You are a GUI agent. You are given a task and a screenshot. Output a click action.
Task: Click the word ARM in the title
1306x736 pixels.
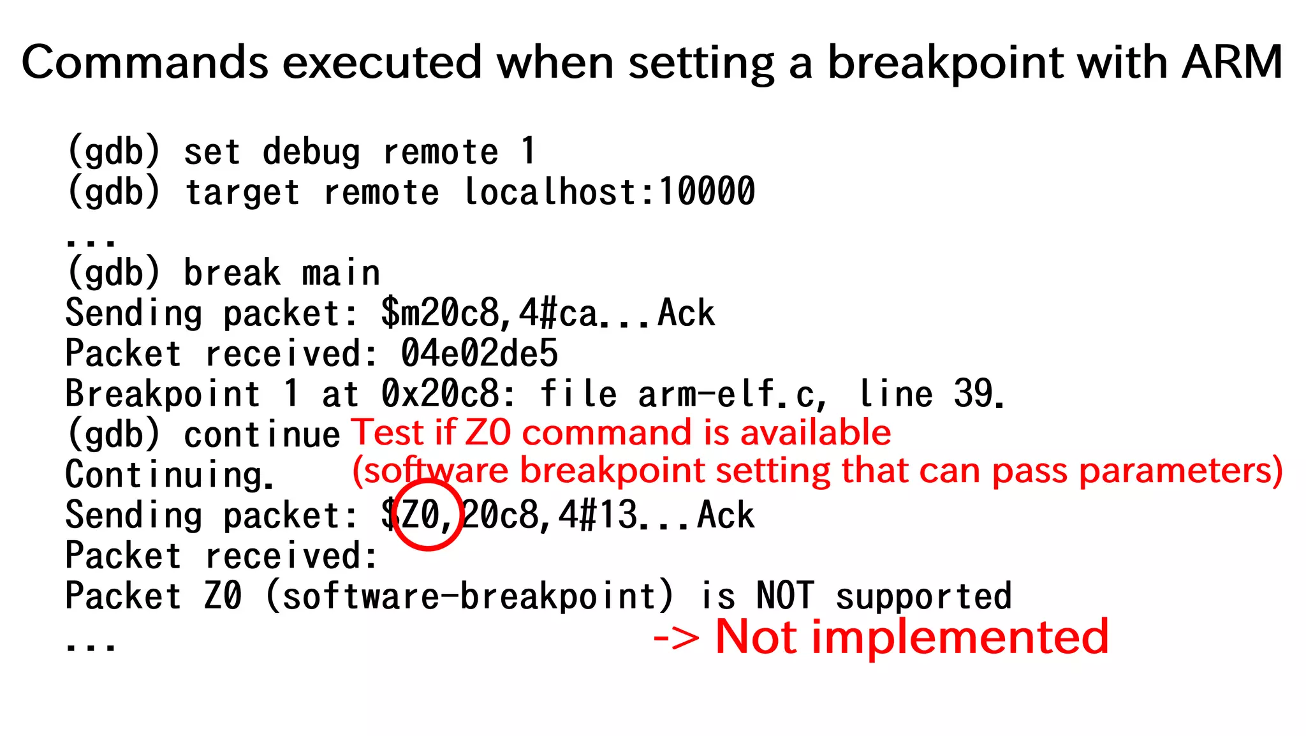[x=1231, y=62]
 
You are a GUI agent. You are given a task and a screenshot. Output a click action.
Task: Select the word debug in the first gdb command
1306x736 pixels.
[x=311, y=152]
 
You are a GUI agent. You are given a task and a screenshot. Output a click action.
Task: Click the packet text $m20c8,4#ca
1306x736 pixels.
[x=490, y=313]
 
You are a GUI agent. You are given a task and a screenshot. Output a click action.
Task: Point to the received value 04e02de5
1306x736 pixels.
[x=479, y=353]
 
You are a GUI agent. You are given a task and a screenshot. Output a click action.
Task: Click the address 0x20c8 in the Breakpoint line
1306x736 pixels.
[x=441, y=394]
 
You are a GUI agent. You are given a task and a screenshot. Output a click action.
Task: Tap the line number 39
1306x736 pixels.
[x=973, y=394]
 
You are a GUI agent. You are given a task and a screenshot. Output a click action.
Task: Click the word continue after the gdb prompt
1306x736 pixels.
[x=262, y=435]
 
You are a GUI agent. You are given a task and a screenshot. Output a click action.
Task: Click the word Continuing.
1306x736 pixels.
[x=170, y=475]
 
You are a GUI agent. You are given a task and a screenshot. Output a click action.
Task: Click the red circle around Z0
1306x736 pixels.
[x=427, y=515]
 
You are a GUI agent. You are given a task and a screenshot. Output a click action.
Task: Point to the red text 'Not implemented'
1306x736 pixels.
[x=912, y=637]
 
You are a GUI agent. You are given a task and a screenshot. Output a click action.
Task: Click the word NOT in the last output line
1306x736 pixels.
[x=785, y=596]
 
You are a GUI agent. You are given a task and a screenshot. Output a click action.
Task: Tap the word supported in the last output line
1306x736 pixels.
[x=923, y=596]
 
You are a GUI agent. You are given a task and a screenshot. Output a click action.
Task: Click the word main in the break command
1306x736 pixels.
[x=341, y=273]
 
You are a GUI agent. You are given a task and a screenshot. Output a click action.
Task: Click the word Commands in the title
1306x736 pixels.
[x=145, y=62]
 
